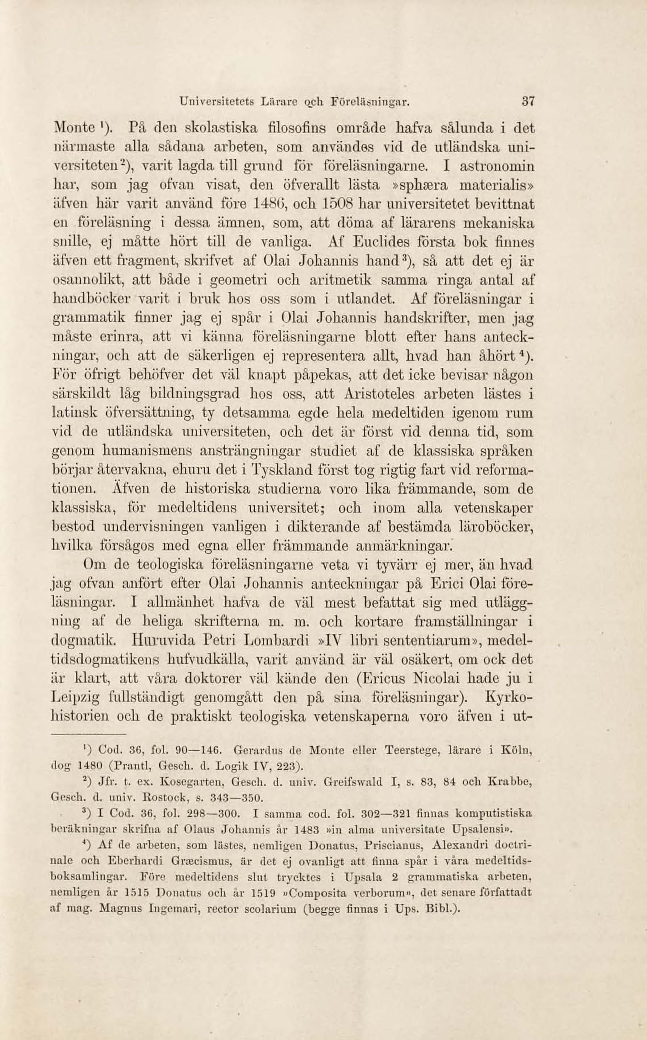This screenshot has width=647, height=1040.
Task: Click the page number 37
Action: (529, 103)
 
